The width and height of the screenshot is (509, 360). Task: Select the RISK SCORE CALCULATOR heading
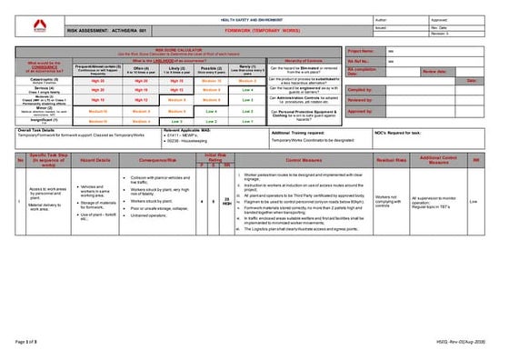point(182,51)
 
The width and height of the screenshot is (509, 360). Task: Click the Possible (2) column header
point(210,67)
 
